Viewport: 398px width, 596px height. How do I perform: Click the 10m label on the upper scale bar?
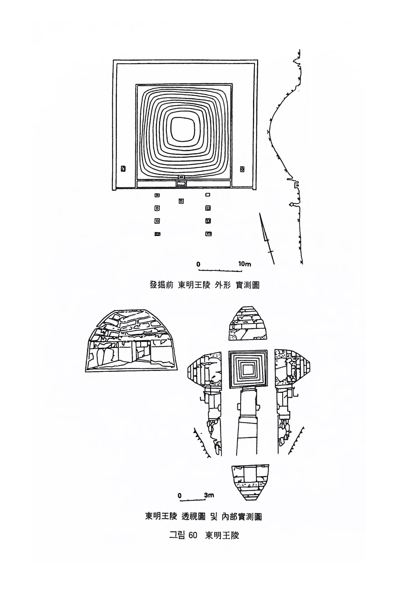click(244, 264)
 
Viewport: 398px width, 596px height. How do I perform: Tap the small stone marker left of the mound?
click(123, 169)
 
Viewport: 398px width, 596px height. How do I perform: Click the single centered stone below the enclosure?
click(181, 201)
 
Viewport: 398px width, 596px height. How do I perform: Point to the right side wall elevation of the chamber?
click(292, 368)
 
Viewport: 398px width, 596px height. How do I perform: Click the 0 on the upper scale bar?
click(198, 264)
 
